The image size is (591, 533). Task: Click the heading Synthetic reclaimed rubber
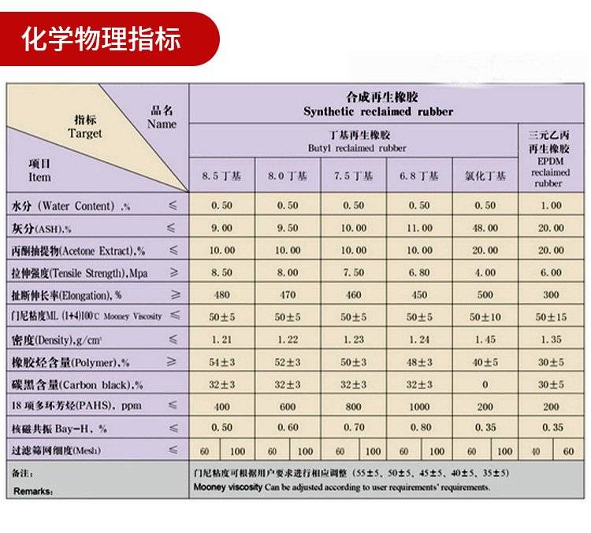[x=378, y=112]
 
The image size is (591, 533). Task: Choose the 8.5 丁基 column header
[x=221, y=176]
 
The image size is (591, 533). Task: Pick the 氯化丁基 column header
[x=485, y=176]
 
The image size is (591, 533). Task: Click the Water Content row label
[x=71, y=206]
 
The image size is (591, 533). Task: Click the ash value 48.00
[x=485, y=228]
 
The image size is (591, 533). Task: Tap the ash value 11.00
[x=419, y=228]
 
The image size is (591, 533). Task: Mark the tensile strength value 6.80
[x=419, y=272]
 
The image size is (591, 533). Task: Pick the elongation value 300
[x=552, y=294]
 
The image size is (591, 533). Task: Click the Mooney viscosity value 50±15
[x=552, y=316]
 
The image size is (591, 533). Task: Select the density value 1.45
[x=485, y=339]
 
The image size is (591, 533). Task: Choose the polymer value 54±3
[x=221, y=362]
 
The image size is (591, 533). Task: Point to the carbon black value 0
[x=485, y=385]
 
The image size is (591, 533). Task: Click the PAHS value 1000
[x=419, y=407]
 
